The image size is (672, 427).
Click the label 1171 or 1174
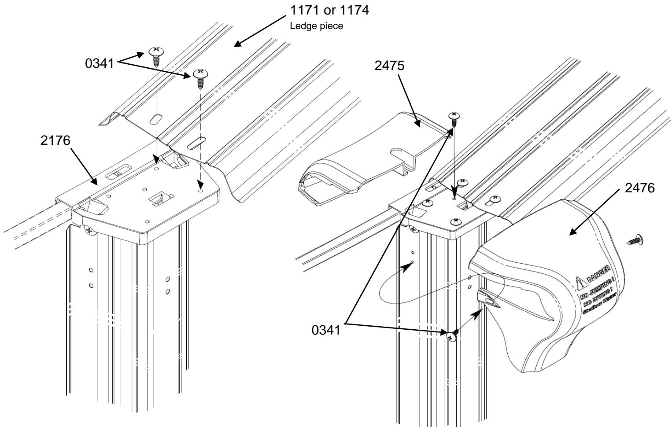[329, 10]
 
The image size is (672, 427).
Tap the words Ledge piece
[316, 26]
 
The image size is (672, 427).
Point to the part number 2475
[390, 65]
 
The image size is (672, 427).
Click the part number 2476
[640, 188]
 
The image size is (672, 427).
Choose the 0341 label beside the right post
[326, 330]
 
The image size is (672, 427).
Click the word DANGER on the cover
[597, 274]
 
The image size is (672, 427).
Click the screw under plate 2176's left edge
[89, 230]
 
